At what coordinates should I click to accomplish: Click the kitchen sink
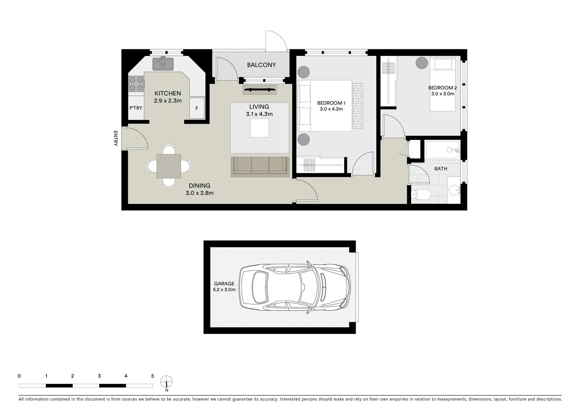coord(163,64)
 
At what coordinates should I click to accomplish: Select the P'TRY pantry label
coord(136,108)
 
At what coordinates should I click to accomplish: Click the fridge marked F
coord(197,108)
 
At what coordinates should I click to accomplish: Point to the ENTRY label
coord(116,138)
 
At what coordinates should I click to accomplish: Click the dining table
coord(169,166)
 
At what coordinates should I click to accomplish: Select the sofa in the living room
coord(260,166)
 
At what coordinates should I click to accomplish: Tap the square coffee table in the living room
coord(260,128)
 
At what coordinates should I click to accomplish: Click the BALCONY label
coord(261,65)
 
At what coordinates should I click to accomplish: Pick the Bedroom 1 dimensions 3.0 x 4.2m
coord(331,109)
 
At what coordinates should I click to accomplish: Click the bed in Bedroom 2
coord(443,84)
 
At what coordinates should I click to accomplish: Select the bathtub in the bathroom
coord(443,150)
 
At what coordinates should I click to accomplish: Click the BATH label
coord(441,169)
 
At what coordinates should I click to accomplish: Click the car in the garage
coord(295,287)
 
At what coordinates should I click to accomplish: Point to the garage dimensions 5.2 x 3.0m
coord(224,290)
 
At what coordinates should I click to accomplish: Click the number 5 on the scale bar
coord(153,376)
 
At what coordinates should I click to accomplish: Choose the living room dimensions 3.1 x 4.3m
coord(259,114)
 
